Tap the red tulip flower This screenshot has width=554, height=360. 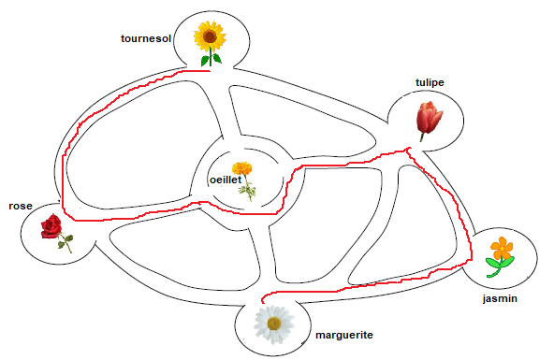[429, 119]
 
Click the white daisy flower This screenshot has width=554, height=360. [273, 324]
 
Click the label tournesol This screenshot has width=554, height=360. [146, 39]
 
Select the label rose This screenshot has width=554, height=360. [21, 206]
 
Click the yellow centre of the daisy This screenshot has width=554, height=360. [273, 324]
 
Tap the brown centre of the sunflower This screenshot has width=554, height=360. [211, 37]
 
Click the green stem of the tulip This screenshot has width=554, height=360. [423, 137]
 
